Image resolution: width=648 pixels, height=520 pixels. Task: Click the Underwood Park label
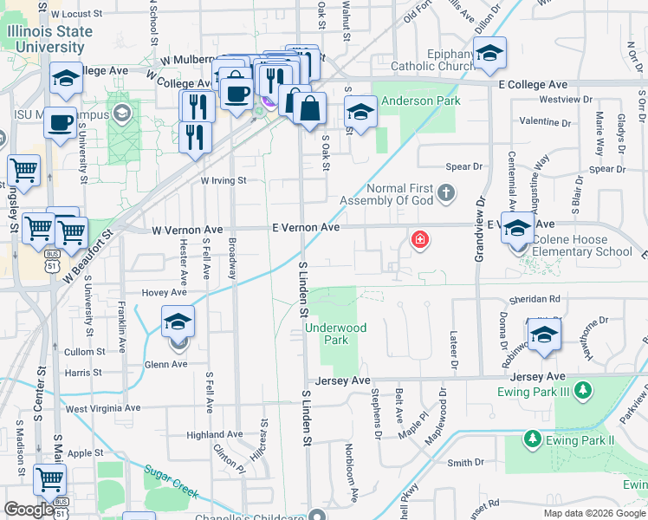(x=335, y=334)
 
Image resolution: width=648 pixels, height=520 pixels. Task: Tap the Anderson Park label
(x=421, y=101)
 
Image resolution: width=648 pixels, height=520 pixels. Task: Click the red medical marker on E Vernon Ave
(x=420, y=239)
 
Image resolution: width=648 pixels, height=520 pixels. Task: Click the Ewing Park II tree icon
(x=531, y=440)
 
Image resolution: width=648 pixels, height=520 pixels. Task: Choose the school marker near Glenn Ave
(x=178, y=323)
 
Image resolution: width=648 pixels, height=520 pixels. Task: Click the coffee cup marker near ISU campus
(x=60, y=123)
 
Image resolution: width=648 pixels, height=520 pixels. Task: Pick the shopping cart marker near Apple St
(x=49, y=479)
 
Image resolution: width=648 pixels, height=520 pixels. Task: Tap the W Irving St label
(x=224, y=181)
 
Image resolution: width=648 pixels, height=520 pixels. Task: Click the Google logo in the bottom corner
(x=29, y=510)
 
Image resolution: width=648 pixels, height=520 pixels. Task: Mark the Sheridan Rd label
(x=536, y=298)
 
